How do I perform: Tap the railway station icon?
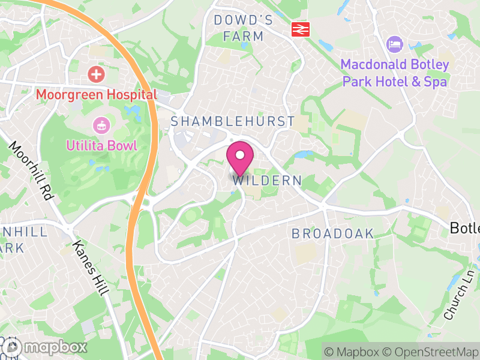click(299, 29)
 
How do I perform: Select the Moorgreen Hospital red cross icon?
click(95, 75)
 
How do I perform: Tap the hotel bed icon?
click(395, 44)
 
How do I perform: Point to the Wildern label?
click(266, 181)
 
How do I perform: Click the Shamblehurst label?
click(233, 121)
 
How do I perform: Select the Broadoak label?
click(332, 234)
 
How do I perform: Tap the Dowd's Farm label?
click(243, 28)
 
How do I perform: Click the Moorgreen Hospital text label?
click(96, 94)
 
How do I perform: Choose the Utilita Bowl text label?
click(102, 145)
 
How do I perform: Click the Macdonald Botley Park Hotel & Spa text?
click(394, 73)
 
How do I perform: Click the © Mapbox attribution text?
click(353, 351)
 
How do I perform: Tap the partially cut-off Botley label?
click(465, 228)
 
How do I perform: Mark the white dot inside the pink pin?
click(240, 155)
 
